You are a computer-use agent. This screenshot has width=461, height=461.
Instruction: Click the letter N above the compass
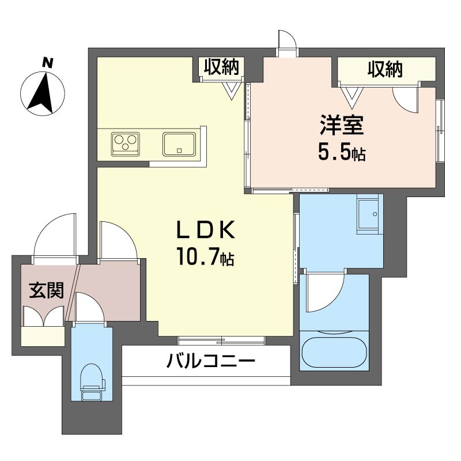coord(48,63)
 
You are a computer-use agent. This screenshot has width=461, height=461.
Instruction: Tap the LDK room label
coord(206,229)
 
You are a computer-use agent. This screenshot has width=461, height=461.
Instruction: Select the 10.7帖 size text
coord(205,256)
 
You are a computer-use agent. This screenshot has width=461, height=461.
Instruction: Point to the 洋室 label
coord(342,125)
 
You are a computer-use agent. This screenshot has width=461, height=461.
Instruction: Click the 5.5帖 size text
coord(342,153)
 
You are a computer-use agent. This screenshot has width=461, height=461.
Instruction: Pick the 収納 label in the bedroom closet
coord(385,69)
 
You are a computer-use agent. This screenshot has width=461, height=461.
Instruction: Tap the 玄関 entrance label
coord(47,290)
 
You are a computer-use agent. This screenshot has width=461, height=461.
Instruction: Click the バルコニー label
coord(210,361)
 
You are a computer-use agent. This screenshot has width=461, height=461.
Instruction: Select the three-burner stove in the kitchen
coord(125,144)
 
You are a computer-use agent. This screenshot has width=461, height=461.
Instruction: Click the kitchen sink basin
coord(179,144)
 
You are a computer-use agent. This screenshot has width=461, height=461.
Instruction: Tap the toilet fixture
coord(92,382)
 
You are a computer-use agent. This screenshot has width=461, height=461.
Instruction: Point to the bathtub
coord(334,352)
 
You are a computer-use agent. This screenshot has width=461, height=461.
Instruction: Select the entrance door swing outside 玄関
coord(55,235)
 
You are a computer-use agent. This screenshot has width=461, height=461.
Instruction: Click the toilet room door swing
coord(89,307)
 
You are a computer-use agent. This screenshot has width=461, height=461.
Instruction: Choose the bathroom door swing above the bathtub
coord(325,293)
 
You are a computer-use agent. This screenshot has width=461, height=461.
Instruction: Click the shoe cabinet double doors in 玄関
coord(44,316)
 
